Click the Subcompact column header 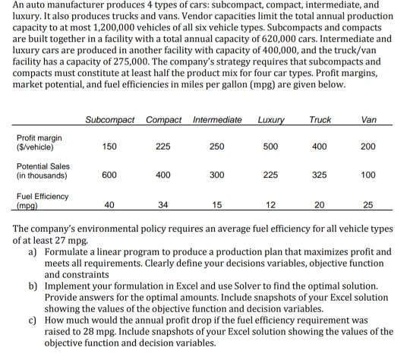[110, 120]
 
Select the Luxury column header [271, 120]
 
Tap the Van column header [369, 120]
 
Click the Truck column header [320, 120]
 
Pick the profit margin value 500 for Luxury [270, 147]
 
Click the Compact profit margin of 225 [163, 147]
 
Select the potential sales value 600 [109, 175]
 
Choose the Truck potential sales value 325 [319, 175]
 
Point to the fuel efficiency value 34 [163, 204]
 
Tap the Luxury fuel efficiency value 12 [270, 204]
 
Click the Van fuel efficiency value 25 [368, 204]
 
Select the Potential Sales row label [43, 171]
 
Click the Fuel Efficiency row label [43, 201]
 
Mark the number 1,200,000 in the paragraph [113, 27]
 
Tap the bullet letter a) [33, 251]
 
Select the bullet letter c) [33, 321]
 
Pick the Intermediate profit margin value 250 [216, 147]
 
